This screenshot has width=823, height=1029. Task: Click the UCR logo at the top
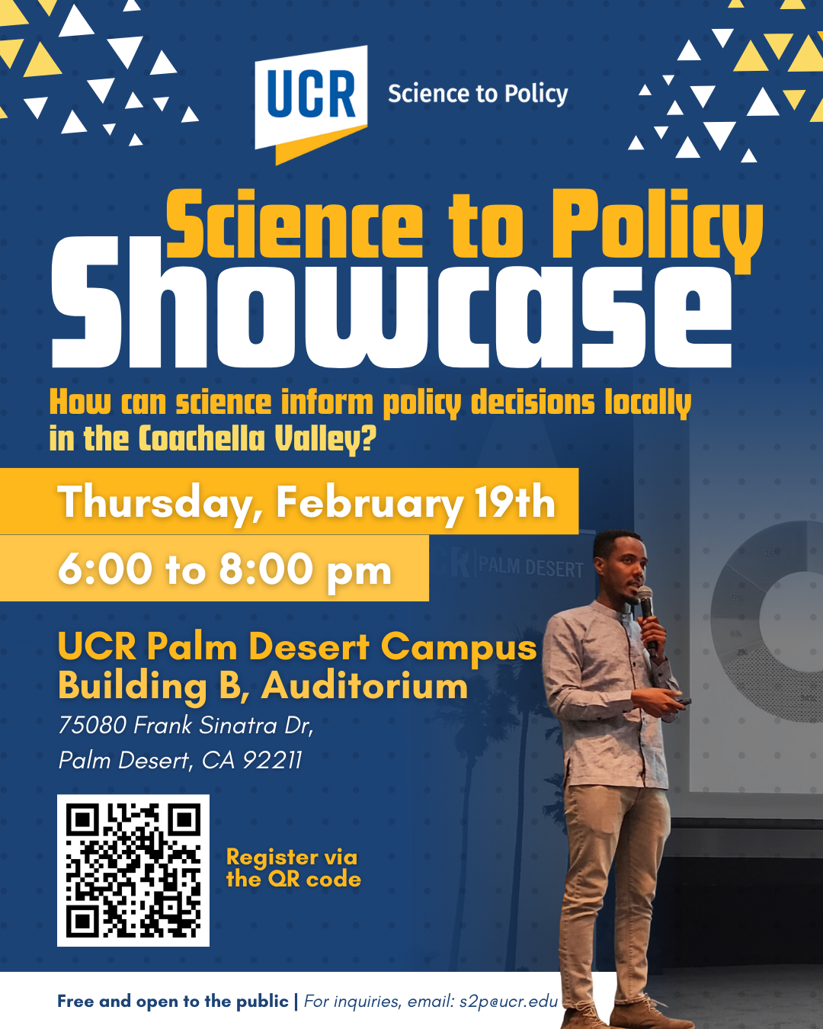pyautogui.click(x=311, y=104)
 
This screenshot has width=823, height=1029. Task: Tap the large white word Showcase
pyautogui.click(x=392, y=302)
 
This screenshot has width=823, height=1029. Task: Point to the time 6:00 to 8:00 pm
pyautogui.click(x=225, y=569)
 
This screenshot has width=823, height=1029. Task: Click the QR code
pyautogui.click(x=133, y=870)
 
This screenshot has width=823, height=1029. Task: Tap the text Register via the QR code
pyautogui.click(x=293, y=868)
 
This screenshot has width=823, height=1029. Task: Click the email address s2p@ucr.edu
pyautogui.click(x=508, y=1001)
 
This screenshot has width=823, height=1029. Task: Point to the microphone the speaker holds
pyautogui.click(x=646, y=617)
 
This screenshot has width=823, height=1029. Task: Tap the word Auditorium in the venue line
pyautogui.click(x=364, y=686)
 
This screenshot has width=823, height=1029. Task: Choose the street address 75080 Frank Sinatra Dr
pyautogui.click(x=185, y=726)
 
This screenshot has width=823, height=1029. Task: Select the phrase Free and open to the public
pyautogui.click(x=173, y=1001)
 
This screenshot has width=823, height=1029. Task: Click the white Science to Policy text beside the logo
pyautogui.click(x=478, y=94)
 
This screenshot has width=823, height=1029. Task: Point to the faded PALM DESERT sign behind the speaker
pyautogui.click(x=531, y=568)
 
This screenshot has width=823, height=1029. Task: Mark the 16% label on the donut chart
pyautogui.click(x=772, y=554)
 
